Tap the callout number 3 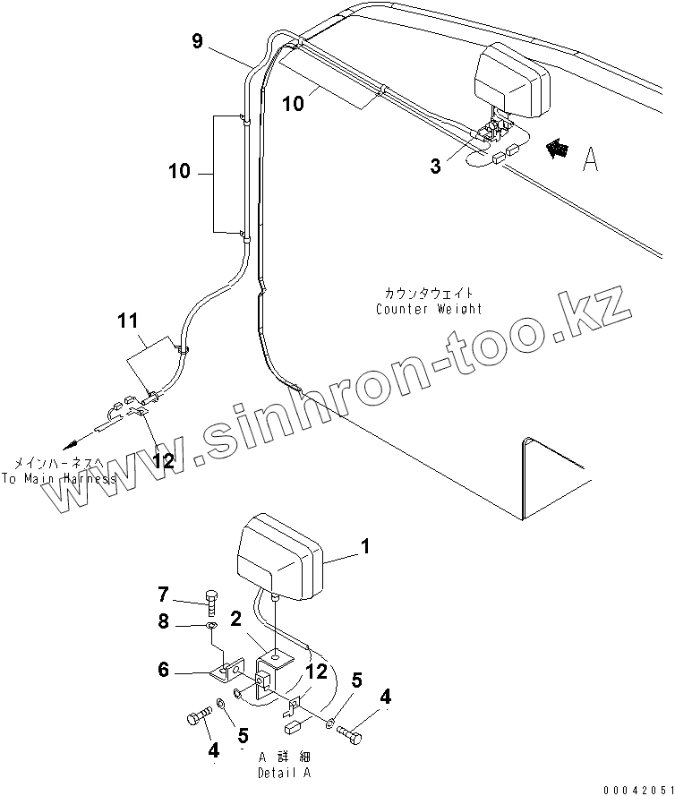click(435, 166)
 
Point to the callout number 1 click(364, 546)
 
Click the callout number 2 click(235, 620)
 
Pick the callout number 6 click(163, 670)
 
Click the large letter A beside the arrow click(590, 158)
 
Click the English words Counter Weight click(429, 309)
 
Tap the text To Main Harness click(58, 478)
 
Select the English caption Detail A click(286, 772)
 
